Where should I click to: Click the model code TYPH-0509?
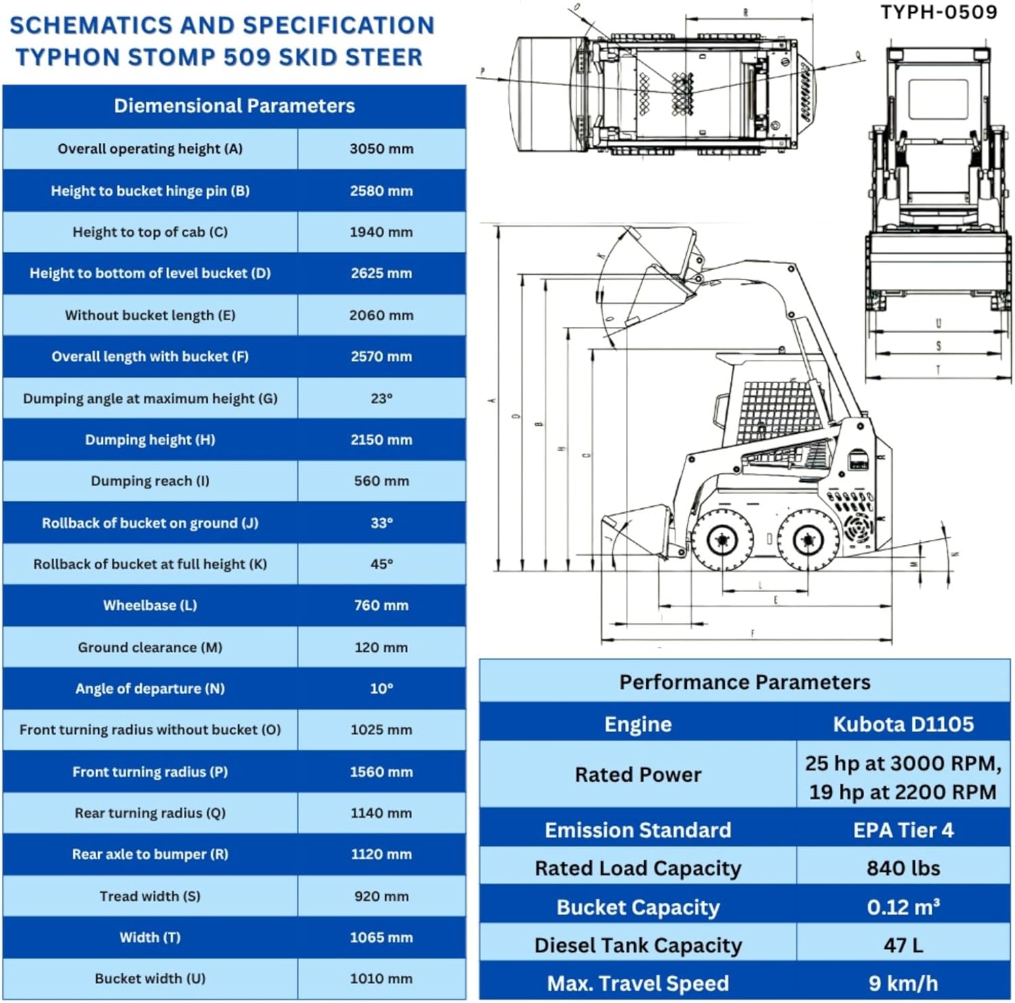click(938, 12)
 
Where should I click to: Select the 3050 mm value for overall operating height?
click(381, 149)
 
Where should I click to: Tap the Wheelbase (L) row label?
click(150, 606)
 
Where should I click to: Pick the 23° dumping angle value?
click(381, 399)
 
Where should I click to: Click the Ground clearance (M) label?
click(150, 648)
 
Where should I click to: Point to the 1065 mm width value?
click(381, 938)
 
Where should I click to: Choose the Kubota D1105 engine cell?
click(903, 724)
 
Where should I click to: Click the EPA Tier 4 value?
click(903, 830)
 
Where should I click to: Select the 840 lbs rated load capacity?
click(903, 868)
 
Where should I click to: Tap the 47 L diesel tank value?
click(903, 945)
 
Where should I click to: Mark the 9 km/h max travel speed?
click(903, 983)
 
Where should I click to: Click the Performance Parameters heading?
click(744, 682)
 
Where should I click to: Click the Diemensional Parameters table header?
click(234, 106)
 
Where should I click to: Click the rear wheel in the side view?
click(807, 540)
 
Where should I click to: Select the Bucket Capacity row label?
click(637, 908)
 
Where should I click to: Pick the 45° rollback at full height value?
click(381, 564)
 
